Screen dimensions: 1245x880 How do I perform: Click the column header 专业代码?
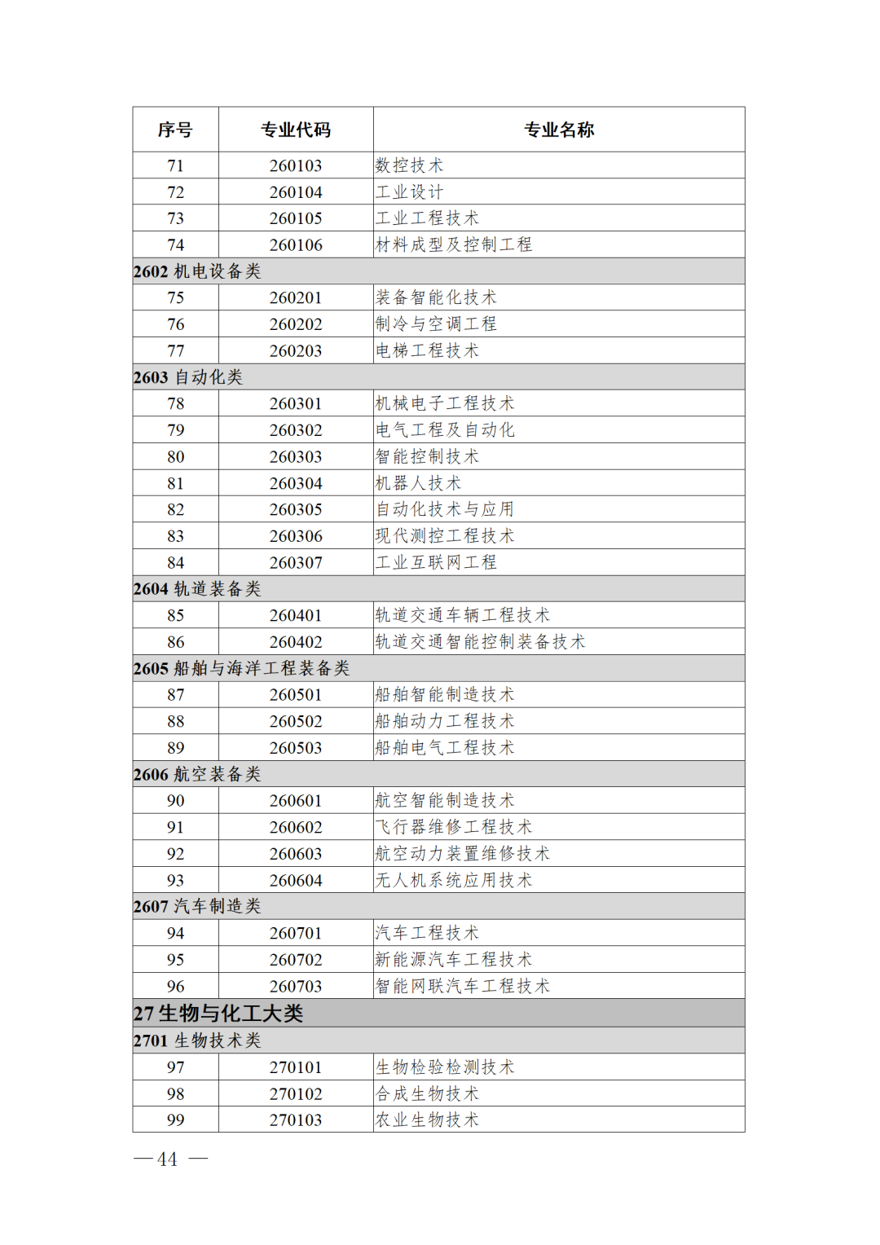click(x=296, y=130)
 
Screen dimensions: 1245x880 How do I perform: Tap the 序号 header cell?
click(x=175, y=130)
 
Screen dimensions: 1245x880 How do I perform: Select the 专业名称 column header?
click(x=559, y=130)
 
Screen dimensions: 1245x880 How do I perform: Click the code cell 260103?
click(x=296, y=165)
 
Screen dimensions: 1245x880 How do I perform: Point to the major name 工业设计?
click(x=409, y=192)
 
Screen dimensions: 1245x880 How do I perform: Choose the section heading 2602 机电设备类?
click(x=197, y=271)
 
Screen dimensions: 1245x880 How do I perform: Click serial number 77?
click(x=175, y=350)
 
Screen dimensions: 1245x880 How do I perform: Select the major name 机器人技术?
click(x=418, y=483)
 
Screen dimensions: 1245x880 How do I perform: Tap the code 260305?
click(x=296, y=509)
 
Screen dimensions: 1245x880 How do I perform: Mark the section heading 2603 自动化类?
click(x=188, y=377)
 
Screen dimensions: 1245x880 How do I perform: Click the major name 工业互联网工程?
click(x=436, y=562)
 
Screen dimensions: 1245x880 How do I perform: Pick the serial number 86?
click(x=175, y=642)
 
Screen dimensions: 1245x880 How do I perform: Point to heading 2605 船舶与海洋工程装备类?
click(x=241, y=668)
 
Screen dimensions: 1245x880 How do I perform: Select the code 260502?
click(x=296, y=721)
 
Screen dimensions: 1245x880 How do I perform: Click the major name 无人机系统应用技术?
click(x=454, y=880)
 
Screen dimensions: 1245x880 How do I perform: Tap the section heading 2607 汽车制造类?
click(x=197, y=906)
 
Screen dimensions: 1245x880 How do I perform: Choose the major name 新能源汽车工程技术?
click(x=454, y=960)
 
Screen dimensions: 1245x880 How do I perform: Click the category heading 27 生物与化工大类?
click(x=218, y=1014)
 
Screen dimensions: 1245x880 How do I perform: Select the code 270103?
click(x=296, y=1120)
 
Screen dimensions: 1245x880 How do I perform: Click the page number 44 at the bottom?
click(x=168, y=1159)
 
